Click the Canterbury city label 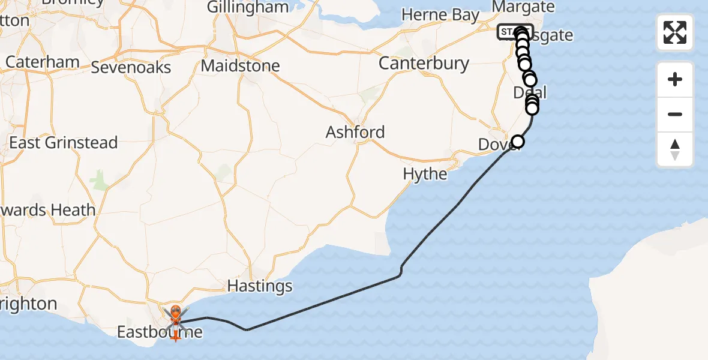tap(424, 63)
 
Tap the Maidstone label tap(240, 65)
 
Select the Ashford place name tap(355, 132)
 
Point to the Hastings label tap(260, 286)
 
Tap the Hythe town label tap(425, 174)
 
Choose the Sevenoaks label tap(131, 67)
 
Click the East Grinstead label tap(63, 143)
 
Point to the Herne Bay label tap(440, 15)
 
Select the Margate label tap(523, 7)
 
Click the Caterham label tap(42, 62)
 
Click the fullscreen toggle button tap(675, 32)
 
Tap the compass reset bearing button tap(675, 149)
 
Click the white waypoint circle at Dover tap(517, 142)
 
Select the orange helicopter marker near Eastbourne tap(176, 312)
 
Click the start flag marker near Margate tap(507, 32)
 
